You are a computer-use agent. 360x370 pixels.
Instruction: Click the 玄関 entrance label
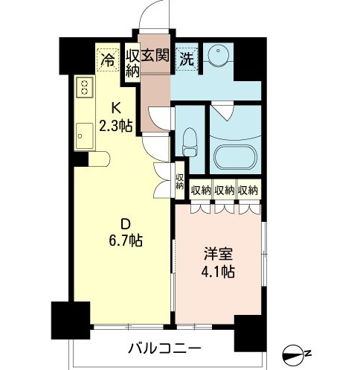coord(155,55)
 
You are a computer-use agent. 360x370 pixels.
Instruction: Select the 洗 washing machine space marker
coord(187,59)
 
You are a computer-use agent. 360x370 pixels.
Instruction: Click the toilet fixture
coord(190,142)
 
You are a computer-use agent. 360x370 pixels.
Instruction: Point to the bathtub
coord(235,157)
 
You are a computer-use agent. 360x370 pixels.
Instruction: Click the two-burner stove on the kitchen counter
coord(85,87)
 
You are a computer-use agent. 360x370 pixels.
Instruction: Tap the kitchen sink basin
coord(85,136)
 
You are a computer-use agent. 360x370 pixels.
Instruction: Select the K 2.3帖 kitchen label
coord(115,117)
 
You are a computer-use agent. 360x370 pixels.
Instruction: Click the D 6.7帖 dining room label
coord(126,232)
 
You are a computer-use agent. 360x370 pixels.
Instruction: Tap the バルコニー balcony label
coord(164,348)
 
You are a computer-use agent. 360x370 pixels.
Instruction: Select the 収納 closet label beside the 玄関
coord(132,63)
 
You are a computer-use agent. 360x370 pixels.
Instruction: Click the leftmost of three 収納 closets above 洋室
coord(201,190)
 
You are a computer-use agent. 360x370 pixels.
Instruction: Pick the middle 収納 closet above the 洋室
coord(225,190)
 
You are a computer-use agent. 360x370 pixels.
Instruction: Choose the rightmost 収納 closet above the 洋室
coord(248,190)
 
